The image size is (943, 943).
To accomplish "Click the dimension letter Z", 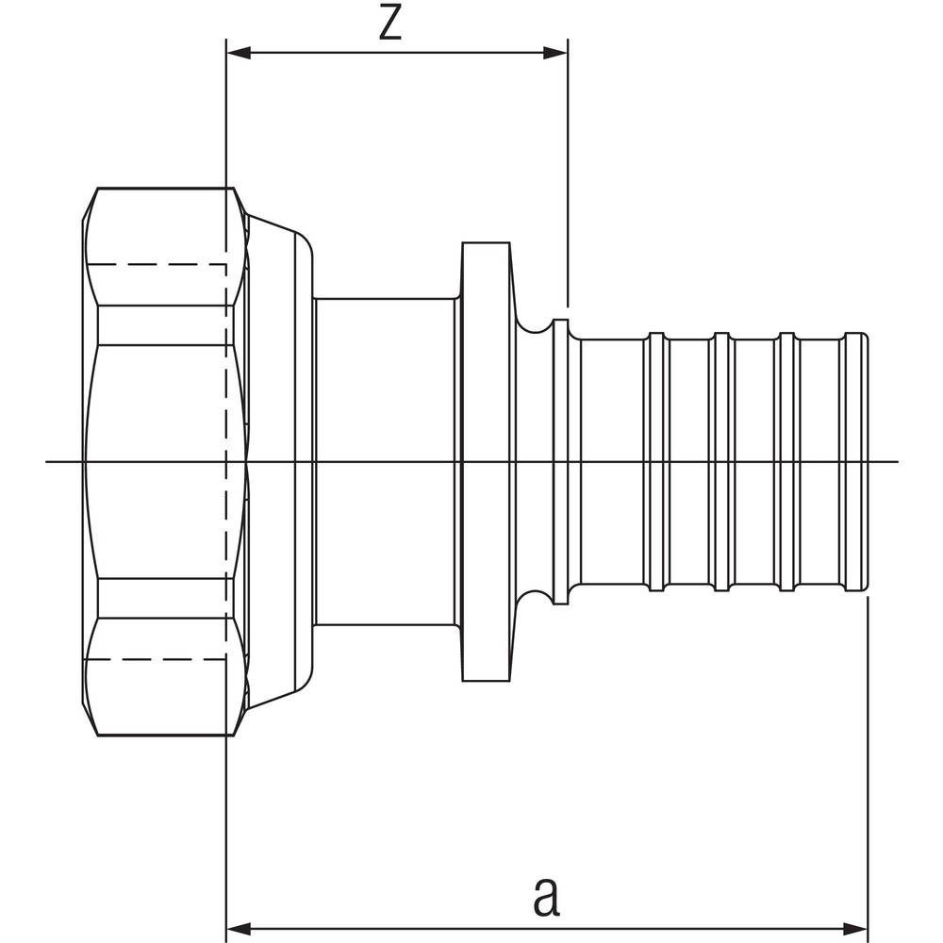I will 389,25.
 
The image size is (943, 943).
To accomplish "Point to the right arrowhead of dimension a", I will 859,925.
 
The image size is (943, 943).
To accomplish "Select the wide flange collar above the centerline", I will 486,273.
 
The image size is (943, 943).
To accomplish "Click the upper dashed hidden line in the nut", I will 160,264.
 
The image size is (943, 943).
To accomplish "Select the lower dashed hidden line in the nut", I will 160,658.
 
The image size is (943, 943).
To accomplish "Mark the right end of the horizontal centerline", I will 896,461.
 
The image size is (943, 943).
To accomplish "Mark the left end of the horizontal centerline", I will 47,461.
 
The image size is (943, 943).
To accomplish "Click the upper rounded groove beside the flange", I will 535,325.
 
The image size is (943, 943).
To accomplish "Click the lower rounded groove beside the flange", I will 535,598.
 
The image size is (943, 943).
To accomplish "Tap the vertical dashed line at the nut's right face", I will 228,461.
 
